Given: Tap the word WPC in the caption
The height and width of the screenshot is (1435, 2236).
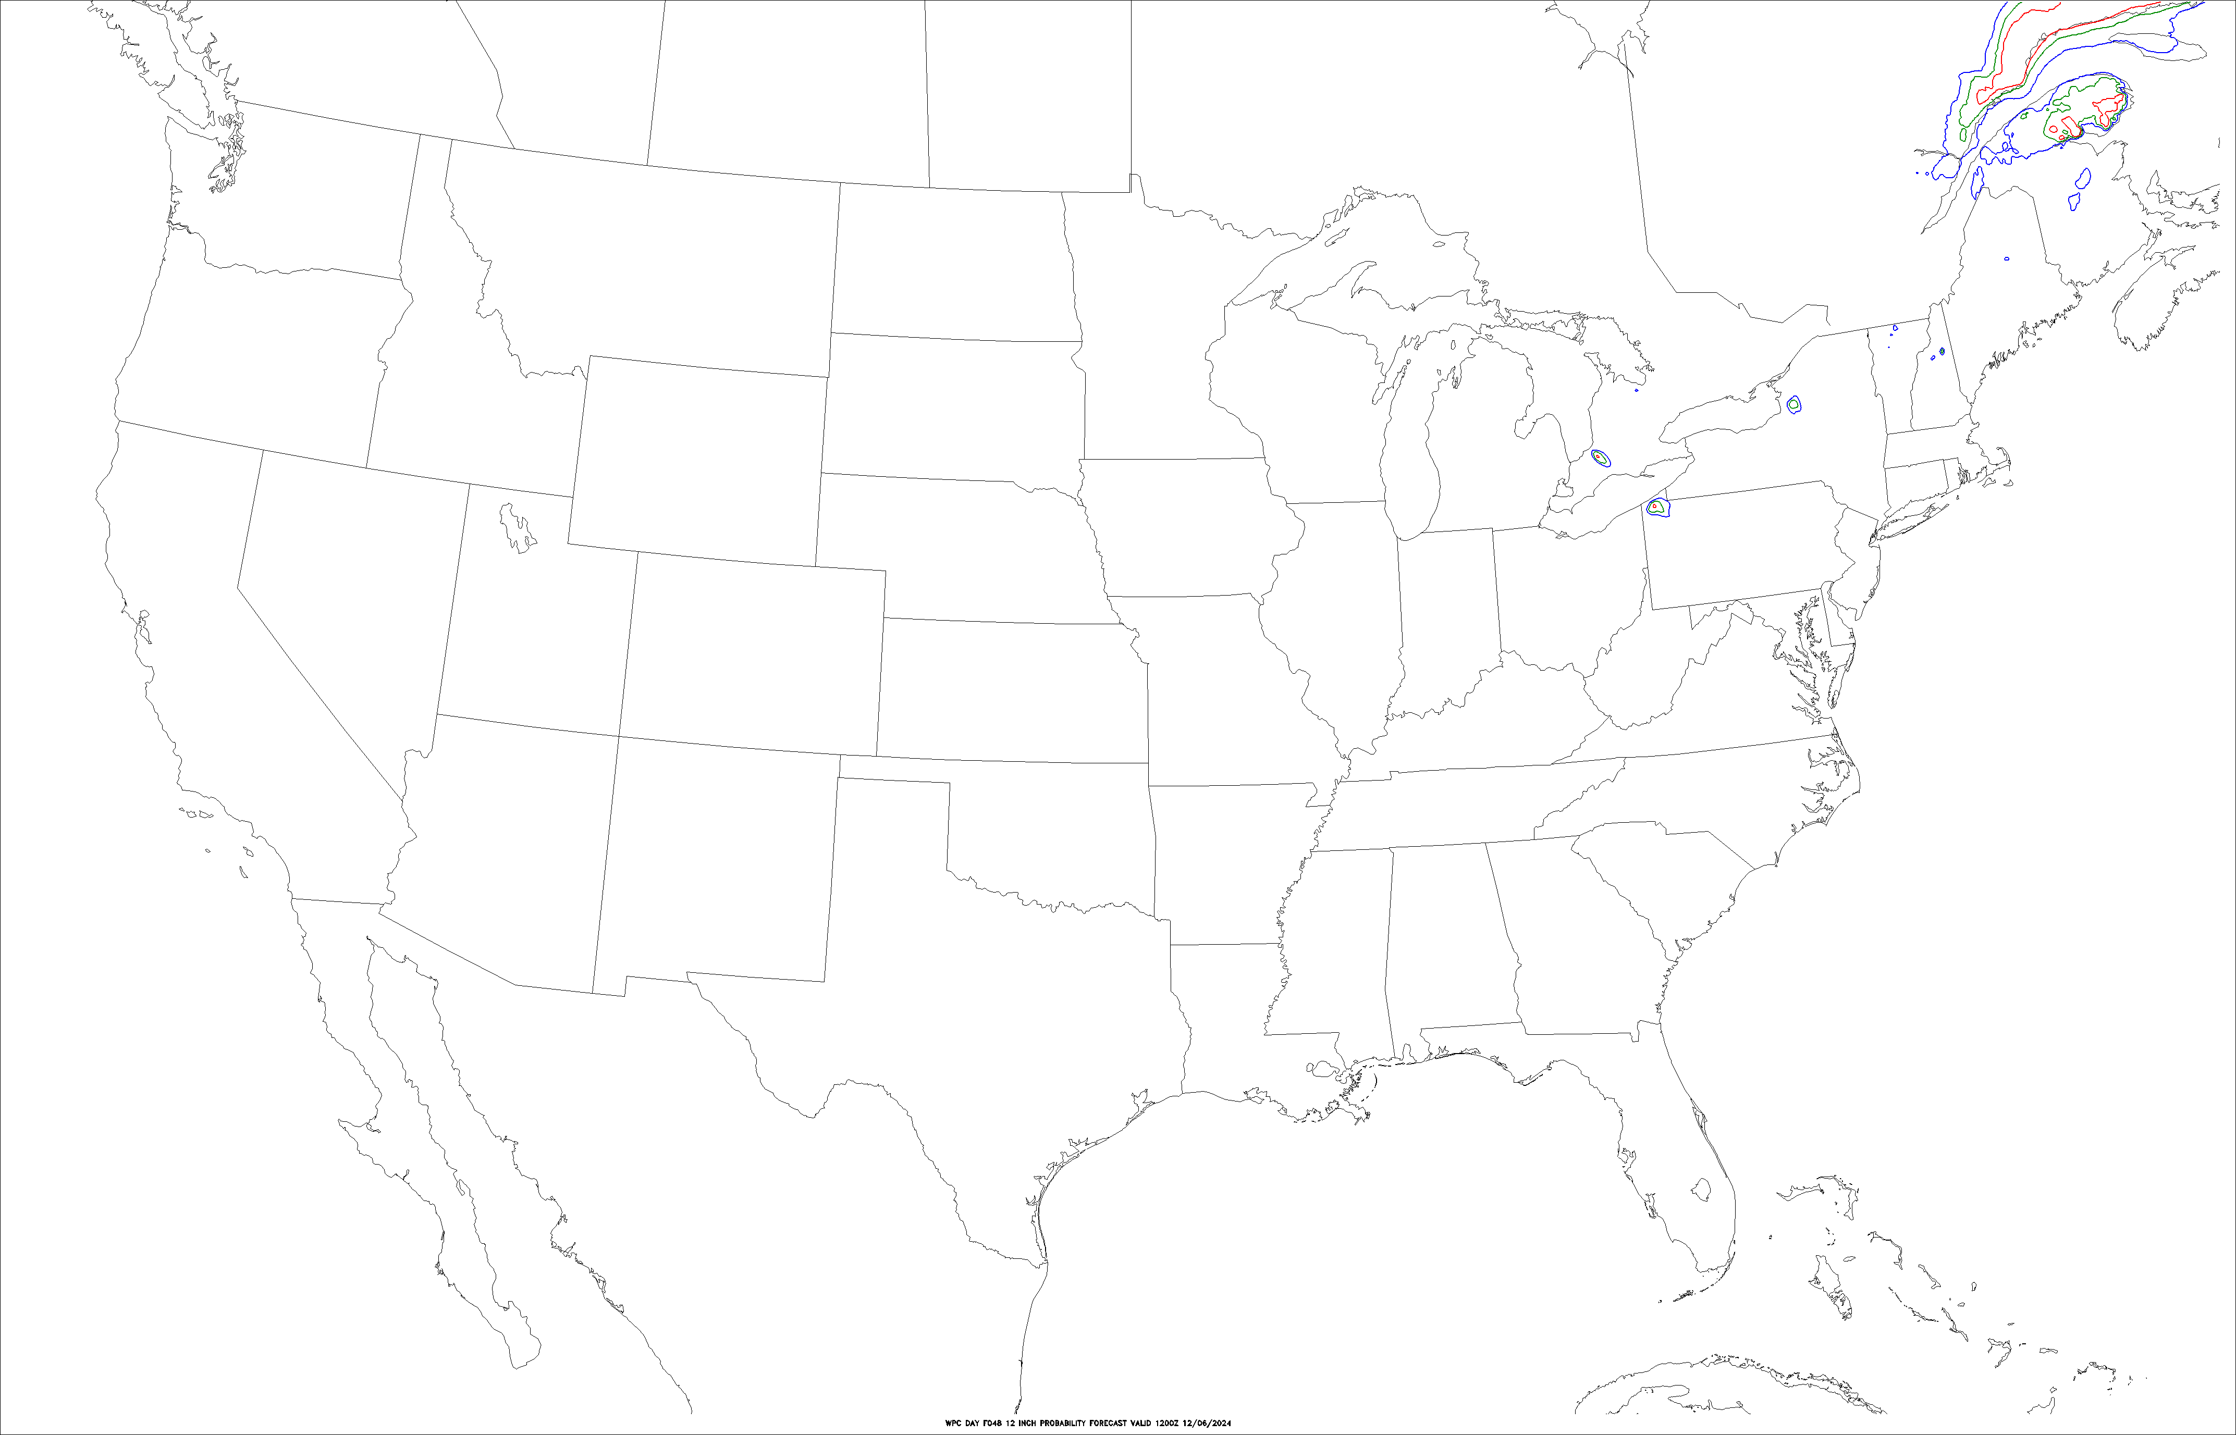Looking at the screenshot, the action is pos(952,1423).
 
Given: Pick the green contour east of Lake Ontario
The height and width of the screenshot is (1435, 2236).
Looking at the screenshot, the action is pos(1793,404).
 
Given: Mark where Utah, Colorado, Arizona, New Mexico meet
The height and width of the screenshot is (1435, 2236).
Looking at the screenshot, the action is pos(619,736).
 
